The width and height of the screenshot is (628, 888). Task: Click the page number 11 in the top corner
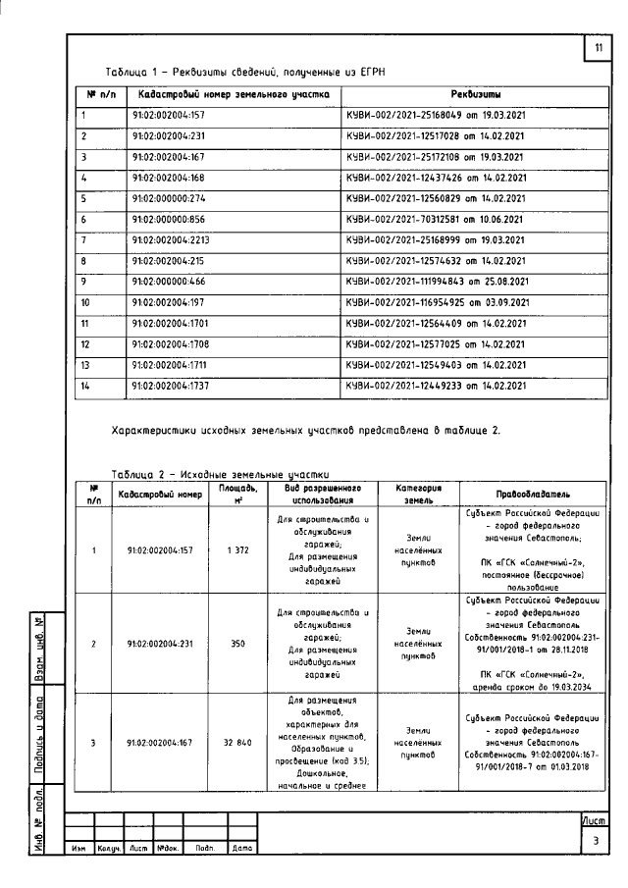click(598, 50)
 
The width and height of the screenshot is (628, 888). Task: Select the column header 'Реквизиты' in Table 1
click(476, 95)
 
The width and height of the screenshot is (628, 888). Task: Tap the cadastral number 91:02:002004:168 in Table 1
click(168, 178)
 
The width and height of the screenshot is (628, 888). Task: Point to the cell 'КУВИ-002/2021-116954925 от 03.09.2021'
click(439, 302)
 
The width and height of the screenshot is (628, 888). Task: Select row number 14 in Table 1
click(85, 386)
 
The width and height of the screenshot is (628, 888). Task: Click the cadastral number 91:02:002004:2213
click(171, 240)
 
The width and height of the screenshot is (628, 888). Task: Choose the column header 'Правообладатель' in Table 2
click(534, 494)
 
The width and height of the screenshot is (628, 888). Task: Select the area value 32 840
click(239, 743)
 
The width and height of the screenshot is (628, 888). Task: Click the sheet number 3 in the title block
click(596, 841)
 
